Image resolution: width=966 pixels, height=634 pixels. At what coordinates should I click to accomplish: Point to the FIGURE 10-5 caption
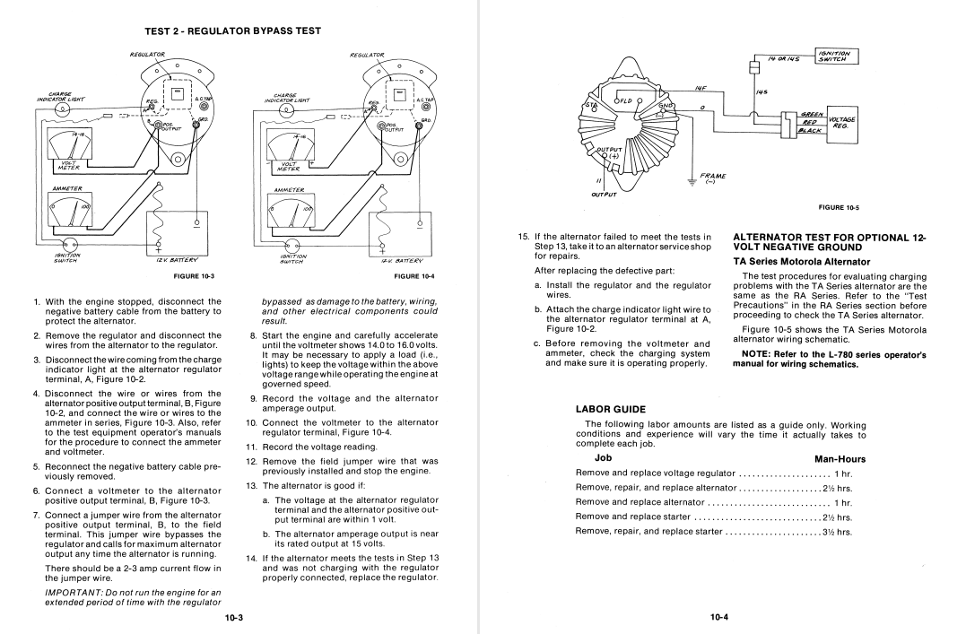coord(840,207)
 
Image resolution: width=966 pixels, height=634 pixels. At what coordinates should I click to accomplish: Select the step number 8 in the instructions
coord(254,336)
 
